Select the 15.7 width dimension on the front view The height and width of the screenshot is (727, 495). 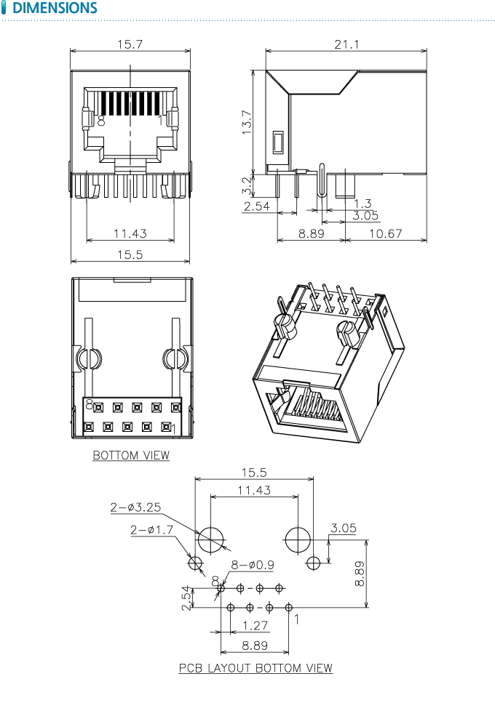[x=130, y=44]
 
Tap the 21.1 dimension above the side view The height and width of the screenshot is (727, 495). [x=346, y=44]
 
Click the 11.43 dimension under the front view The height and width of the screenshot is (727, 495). [x=130, y=233]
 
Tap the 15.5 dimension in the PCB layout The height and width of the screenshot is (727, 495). [x=254, y=473]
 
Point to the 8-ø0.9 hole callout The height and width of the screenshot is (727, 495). [x=253, y=564]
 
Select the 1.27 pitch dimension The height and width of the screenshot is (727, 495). [x=254, y=624]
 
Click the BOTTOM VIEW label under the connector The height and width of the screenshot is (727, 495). [x=131, y=456]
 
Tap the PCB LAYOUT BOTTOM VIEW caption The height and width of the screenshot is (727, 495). [x=256, y=667]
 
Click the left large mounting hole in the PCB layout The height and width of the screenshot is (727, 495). [x=211, y=540]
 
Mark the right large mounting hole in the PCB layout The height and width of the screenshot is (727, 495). [x=298, y=540]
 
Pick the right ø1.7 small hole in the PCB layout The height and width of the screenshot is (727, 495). [x=314, y=563]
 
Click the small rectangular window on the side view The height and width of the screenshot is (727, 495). [x=277, y=142]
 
